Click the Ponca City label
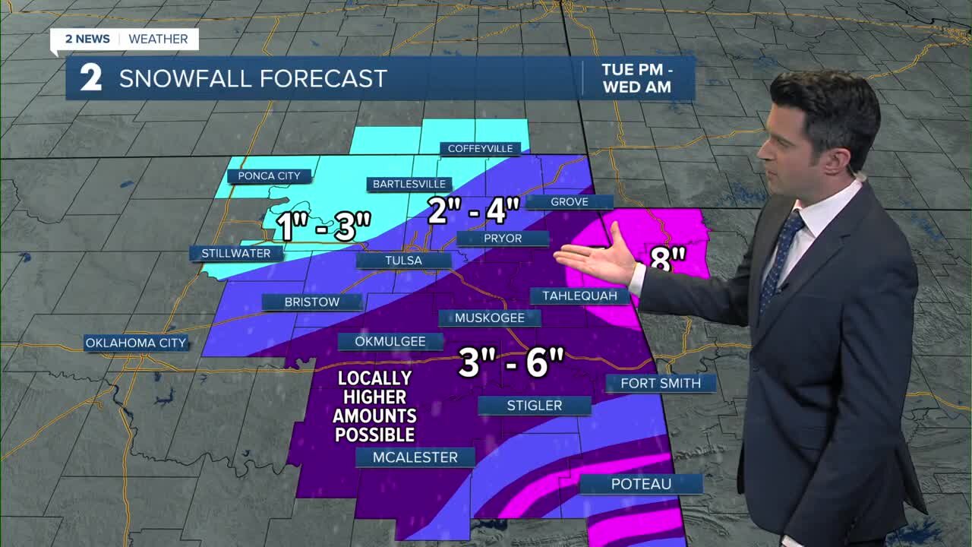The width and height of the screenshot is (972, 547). [x=269, y=176]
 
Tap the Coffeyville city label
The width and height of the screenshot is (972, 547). [x=480, y=149]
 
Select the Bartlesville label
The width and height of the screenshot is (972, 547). [x=409, y=184]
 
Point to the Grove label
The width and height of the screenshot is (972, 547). [x=570, y=201]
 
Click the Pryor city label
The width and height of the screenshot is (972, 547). [x=503, y=239]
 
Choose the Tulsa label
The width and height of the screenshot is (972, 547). [x=403, y=261]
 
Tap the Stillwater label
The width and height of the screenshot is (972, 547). [x=235, y=254]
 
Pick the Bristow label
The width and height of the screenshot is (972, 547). [x=312, y=302]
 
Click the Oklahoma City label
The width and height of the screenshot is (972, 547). [x=135, y=343]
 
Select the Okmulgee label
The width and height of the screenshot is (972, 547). [x=390, y=342]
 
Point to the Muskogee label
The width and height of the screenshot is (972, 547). [x=490, y=318]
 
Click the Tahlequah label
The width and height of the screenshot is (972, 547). [x=579, y=296]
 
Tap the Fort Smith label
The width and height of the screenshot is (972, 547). [x=661, y=383]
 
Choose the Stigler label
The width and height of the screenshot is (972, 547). [x=535, y=406]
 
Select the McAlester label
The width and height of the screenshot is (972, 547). [x=415, y=457]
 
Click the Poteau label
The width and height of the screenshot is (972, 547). [x=641, y=484]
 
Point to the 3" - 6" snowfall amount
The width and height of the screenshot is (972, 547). [x=512, y=363]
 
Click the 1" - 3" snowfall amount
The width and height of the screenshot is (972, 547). [x=323, y=226]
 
